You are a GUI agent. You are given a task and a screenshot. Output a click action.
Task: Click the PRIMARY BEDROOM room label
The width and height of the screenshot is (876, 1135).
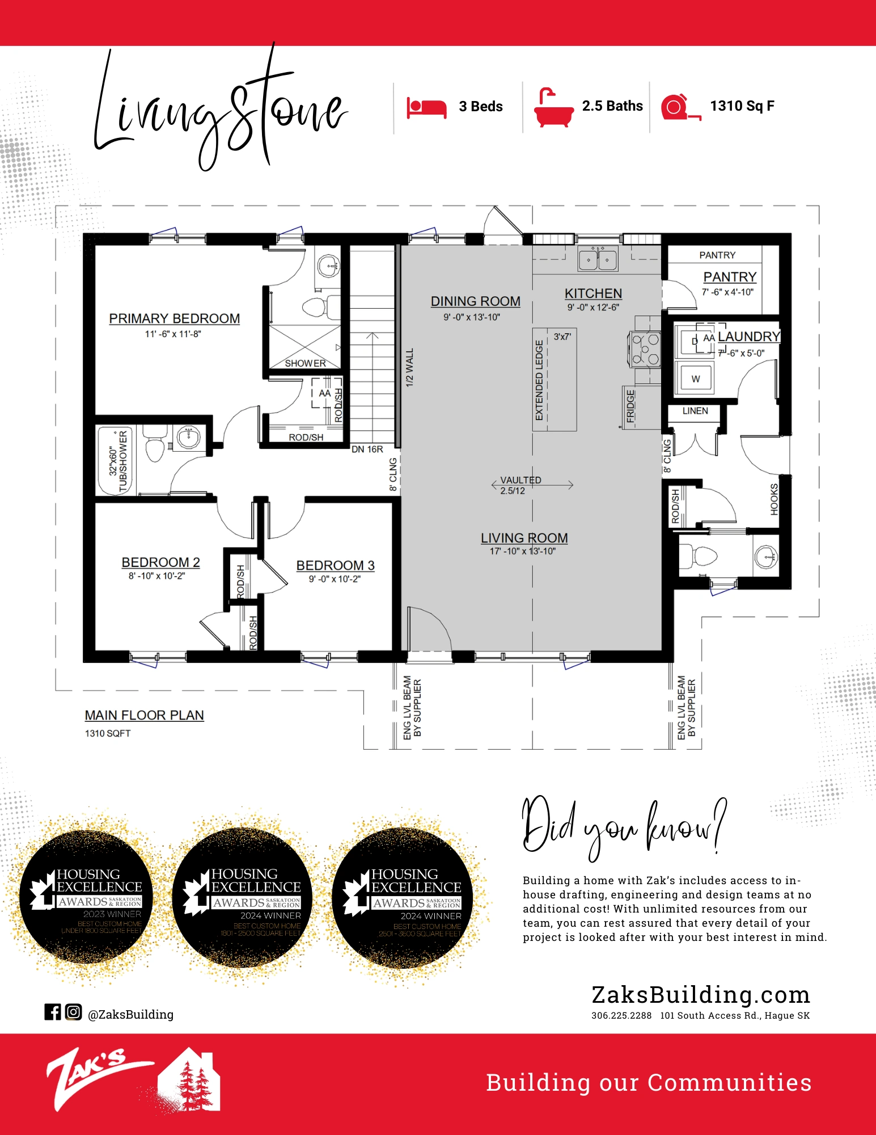click(x=174, y=318)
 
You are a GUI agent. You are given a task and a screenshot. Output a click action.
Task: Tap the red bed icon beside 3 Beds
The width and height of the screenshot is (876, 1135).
click(x=426, y=107)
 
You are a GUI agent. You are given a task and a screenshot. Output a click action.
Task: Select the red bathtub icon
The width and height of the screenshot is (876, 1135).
click(x=553, y=108)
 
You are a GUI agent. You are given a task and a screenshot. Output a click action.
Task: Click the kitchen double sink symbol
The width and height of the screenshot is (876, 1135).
click(x=598, y=259)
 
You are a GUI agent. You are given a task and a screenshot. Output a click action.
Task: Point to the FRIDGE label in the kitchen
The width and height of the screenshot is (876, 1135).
click(x=630, y=406)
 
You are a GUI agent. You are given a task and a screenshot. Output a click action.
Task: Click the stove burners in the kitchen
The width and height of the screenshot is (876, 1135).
click(x=645, y=350)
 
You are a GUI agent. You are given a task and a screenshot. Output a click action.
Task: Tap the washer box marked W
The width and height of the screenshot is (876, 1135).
click(x=695, y=379)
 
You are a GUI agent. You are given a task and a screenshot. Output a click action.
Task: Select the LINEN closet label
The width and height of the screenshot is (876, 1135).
click(x=695, y=411)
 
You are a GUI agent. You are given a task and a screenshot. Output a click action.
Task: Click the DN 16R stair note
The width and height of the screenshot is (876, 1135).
click(x=367, y=449)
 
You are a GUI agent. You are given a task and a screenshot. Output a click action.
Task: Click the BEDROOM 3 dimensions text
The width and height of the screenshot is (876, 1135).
click(x=335, y=579)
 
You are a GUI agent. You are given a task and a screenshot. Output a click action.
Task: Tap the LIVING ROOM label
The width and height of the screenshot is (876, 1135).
click(x=524, y=537)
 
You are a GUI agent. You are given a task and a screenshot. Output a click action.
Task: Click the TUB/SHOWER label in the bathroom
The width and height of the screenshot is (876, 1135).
click(x=122, y=461)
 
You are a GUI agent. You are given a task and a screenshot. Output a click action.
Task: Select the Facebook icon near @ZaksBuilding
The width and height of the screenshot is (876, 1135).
click(x=53, y=1012)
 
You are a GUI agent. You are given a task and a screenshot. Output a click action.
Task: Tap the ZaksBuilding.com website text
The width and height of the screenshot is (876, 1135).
click(x=700, y=995)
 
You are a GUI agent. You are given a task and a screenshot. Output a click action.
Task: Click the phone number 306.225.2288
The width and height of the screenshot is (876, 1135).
click(x=621, y=1016)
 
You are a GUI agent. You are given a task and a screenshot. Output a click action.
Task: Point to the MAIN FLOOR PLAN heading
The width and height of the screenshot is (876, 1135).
click(x=144, y=715)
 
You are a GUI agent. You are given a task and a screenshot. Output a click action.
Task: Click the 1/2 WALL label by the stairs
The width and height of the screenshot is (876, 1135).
click(x=409, y=367)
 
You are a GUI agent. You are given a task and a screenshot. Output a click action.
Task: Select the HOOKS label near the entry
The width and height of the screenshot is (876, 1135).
click(x=774, y=499)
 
